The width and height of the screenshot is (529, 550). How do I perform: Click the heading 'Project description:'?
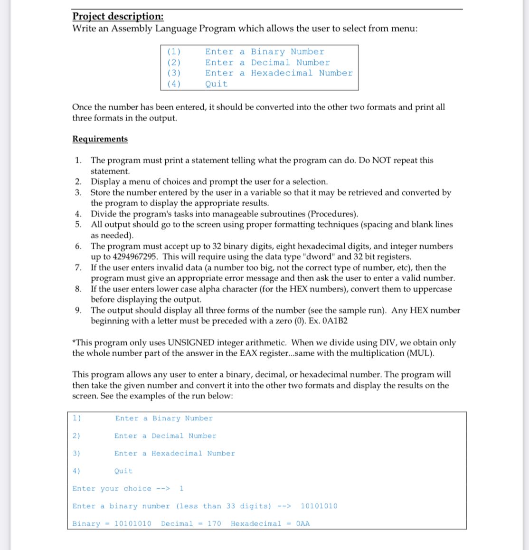pos(118,16)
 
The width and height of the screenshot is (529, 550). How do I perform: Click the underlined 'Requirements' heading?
pos(100,139)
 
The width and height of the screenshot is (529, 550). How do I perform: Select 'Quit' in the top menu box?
pos(216,84)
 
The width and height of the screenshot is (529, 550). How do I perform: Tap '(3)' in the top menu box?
pos(174,73)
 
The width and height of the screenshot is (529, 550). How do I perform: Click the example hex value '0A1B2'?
pos(335,321)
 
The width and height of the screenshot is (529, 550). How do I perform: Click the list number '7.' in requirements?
pos(79,267)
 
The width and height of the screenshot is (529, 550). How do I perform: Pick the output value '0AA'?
pos(302,523)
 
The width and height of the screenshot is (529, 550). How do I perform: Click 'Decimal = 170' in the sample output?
pos(191,523)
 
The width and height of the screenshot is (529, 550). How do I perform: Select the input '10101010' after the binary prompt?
pos(319,506)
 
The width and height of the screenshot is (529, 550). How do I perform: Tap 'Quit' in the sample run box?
pos(123,471)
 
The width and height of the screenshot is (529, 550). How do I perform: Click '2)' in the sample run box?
pos(76,436)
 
